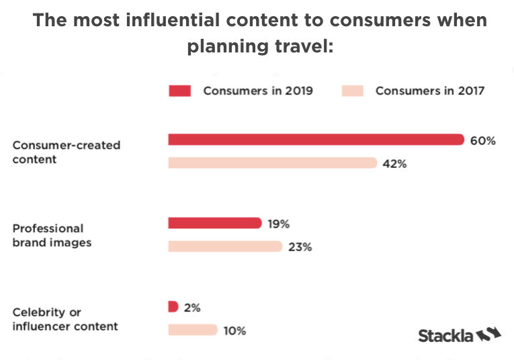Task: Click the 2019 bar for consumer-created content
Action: pyautogui.click(x=316, y=140)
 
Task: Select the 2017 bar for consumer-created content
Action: pyautogui.click(x=272, y=163)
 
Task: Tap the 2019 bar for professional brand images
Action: pyautogui.click(x=214, y=223)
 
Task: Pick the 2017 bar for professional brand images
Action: pyautogui.click(x=224, y=246)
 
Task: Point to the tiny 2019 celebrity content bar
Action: pyautogui.click(x=173, y=307)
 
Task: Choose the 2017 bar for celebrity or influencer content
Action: pyautogui.click(x=193, y=330)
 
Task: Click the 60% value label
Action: pyautogui.click(x=484, y=140)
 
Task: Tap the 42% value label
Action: pyautogui.click(x=395, y=163)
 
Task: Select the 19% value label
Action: pyautogui.click(x=278, y=224)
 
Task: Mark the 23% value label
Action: pyautogui.click(x=300, y=246)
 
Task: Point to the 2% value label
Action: pyautogui.click(x=192, y=308)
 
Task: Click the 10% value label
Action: pyautogui.click(x=235, y=330)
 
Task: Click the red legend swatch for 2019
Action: pyautogui.click(x=180, y=91)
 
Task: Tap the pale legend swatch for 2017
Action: pyautogui.click(x=352, y=91)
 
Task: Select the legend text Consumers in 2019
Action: pyautogui.click(x=258, y=91)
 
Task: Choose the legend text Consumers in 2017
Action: pyautogui.click(x=430, y=91)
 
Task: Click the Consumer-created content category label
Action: pyautogui.click(x=66, y=152)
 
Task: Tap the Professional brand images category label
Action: pyautogui.click(x=52, y=235)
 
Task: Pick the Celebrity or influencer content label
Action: pyautogui.click(x=65, y=319)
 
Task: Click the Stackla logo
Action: pyautogui.click(x=460, y=334)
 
